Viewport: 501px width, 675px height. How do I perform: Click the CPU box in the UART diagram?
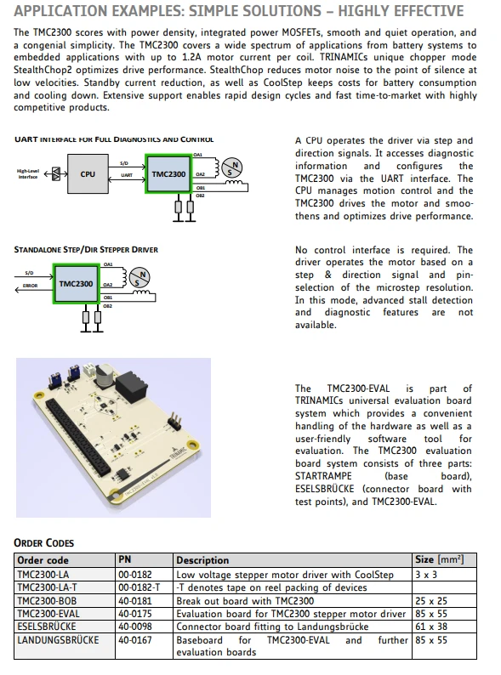[88, 174]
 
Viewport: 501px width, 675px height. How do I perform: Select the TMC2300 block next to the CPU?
[168, 174]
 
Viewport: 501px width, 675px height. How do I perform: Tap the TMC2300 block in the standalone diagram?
[76, 284]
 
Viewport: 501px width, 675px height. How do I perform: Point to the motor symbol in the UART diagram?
[231, 167]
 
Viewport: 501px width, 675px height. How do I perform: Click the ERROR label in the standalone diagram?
[30, 286]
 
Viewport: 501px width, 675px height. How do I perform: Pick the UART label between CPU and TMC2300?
[127, 175]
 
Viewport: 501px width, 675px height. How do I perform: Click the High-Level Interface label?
[27, 174]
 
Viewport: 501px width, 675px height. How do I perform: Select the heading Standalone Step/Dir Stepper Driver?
[86, 250]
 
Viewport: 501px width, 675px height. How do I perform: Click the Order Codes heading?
[44, 543]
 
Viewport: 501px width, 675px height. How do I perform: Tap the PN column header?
[125, 559]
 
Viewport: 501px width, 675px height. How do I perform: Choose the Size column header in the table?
[440, 559]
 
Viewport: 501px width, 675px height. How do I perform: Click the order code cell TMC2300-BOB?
[47, 601]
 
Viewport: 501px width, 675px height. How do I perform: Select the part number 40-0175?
[135, 614]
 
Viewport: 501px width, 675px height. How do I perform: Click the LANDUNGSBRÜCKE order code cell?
[58, 640]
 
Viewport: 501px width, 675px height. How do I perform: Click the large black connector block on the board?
[132, 386]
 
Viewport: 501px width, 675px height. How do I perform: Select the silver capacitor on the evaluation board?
[104, 377]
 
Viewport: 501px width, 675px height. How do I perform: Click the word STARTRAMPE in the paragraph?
[323, 476]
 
